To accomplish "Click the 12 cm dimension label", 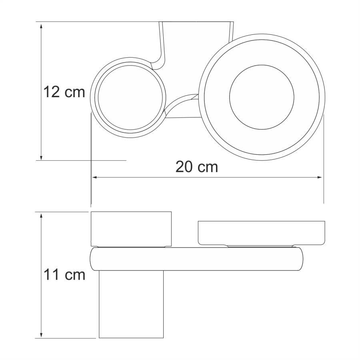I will pos(64,92).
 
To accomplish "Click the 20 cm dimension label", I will pos(197,166).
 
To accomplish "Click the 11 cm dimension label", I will pos(64,274).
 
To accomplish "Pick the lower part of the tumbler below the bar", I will pos(131,304).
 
